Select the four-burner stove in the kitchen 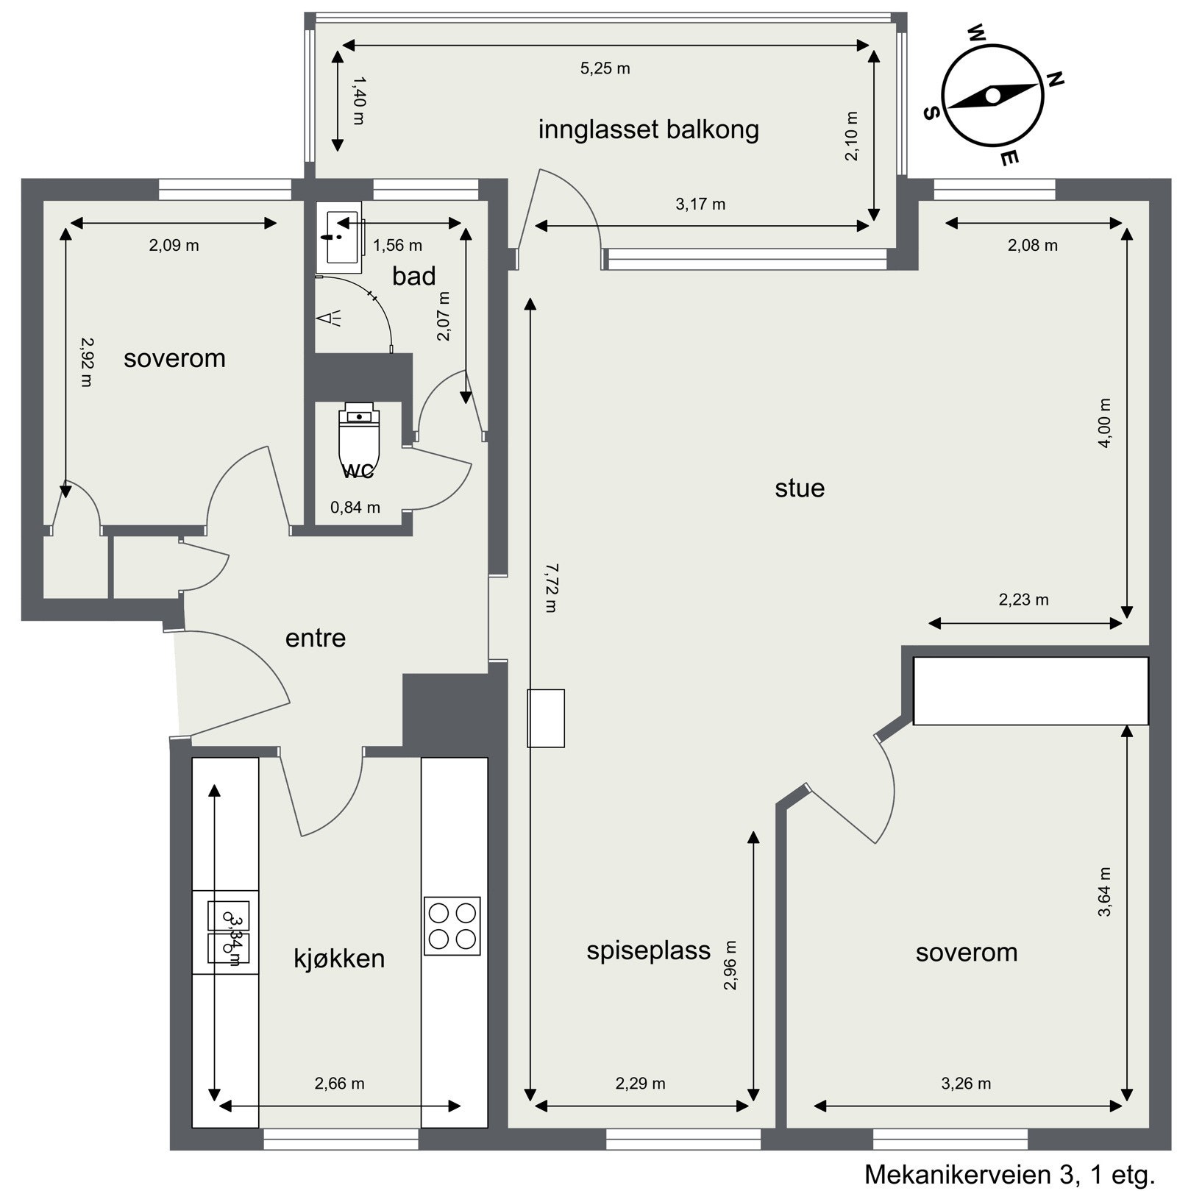pos(452,925)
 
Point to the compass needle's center pos(992,95)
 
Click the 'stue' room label pos(799,488)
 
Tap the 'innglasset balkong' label pos(648,129)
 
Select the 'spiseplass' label pos(648,950)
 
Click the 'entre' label pos(315,638)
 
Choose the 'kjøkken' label pos(339,959)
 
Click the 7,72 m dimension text pos(552,588)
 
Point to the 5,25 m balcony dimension pos(605,68)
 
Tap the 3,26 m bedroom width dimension pos(965,1084)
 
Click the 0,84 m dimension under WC pos(355,507)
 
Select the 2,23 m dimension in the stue pos(1023,600)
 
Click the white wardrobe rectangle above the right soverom pos(1030,691)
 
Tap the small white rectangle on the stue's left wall pos(545,718)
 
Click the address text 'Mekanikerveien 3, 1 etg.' pos(1009,1174)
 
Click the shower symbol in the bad pos(327,318)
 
